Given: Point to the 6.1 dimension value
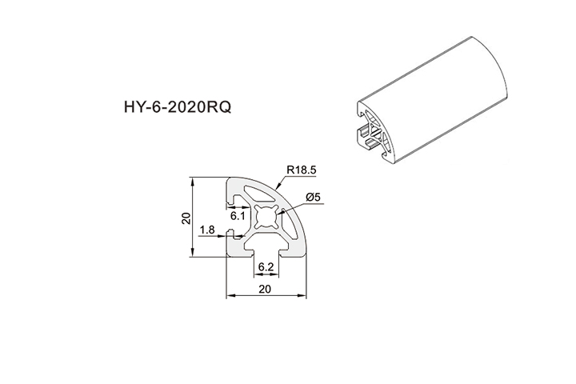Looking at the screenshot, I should pos(238,215).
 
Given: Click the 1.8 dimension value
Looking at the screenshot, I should pos(206,230).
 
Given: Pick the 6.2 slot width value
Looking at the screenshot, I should pos(266,268).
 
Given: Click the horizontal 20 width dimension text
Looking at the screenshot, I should pos(266,288).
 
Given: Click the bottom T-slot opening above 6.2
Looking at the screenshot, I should pos(266,251).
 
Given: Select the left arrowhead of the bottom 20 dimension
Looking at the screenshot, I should pos(229,296).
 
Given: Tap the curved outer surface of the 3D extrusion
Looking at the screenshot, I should pos(448,96).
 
